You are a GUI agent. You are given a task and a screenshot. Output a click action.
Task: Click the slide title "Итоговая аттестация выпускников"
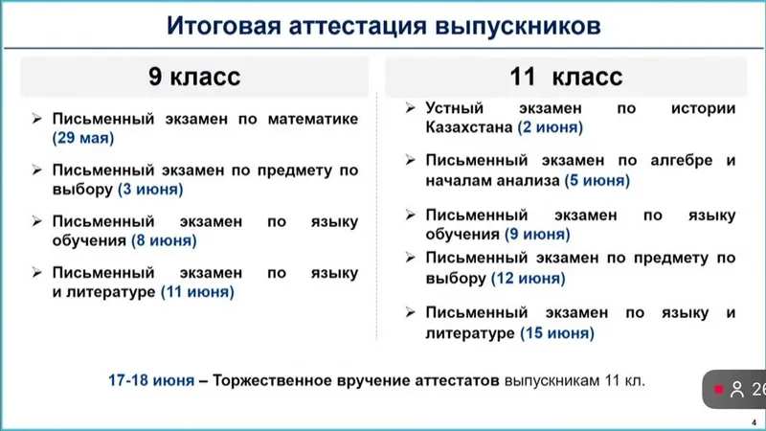pos(384,26)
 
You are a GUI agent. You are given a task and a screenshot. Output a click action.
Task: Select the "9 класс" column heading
pos(194,77)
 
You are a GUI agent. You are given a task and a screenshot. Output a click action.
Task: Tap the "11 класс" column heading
pos(566,77)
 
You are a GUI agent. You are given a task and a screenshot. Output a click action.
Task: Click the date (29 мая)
pos(83,138)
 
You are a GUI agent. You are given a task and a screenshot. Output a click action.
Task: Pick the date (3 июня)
pos(150,189)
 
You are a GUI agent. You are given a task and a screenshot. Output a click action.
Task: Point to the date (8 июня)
pos(164,240)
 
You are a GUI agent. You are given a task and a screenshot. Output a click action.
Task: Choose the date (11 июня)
pos(197,292)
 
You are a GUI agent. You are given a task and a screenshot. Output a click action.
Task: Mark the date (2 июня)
pos(550,127)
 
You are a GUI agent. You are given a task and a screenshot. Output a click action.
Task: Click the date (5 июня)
pos(597,180)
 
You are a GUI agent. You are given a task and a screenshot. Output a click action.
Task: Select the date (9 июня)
pos(537,234)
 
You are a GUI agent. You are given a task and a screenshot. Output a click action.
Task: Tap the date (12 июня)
pos(529,278)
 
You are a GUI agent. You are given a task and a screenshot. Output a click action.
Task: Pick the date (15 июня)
pos(557,332)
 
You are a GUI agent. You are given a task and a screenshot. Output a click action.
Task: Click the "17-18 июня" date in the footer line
pos(151,380)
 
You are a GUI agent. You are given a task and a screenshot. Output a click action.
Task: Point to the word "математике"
pos(313,119)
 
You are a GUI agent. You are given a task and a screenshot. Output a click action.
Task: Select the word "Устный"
pos(454,108)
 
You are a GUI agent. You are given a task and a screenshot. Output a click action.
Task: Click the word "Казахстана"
pos(469,127)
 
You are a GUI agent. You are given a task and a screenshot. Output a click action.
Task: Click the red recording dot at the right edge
pos(719,389)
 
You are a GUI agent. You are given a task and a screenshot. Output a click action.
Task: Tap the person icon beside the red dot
pos(736,390)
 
